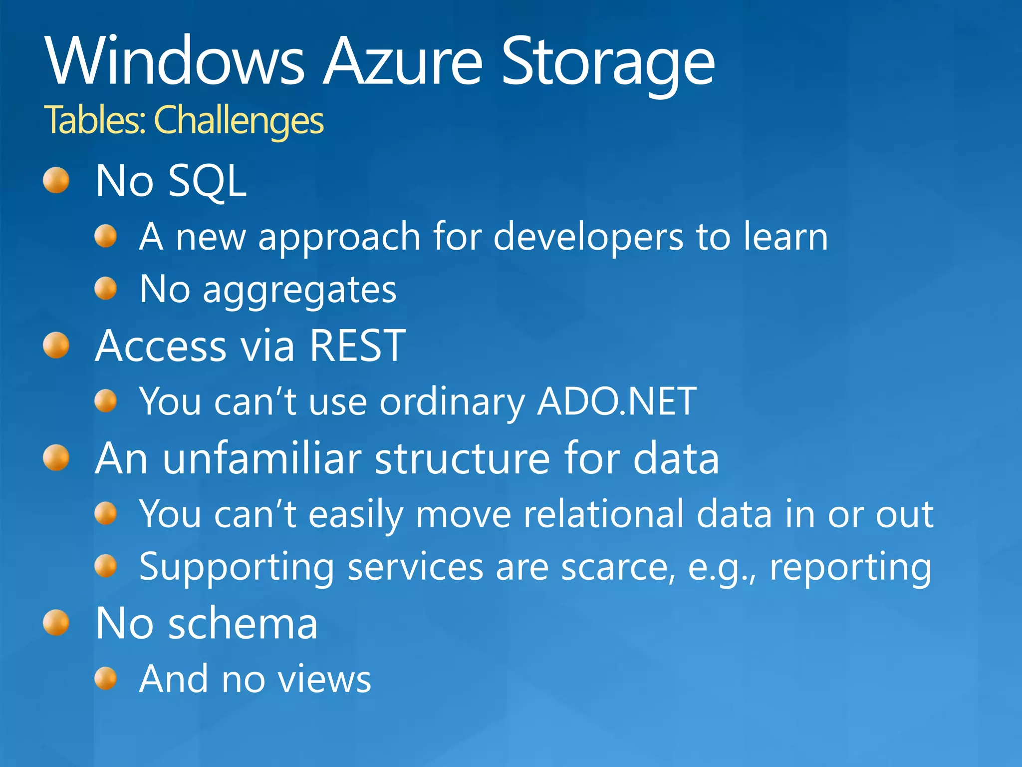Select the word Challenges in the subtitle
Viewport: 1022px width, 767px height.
(239, 121)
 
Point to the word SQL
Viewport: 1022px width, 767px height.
(207, 181)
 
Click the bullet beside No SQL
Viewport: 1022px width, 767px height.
(56, 180)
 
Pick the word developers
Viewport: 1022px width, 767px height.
(588, 237)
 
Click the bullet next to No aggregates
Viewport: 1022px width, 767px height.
(105, 289)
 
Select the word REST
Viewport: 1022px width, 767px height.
(357, 346)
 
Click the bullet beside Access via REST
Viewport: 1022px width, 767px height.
(56, 346)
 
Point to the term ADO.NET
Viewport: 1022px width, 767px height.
(616, 401)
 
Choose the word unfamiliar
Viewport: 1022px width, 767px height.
(262, 458)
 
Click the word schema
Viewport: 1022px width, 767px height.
(243, 624)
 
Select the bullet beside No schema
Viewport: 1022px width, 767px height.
(56, 623)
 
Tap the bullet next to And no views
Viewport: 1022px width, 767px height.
(105, 679)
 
